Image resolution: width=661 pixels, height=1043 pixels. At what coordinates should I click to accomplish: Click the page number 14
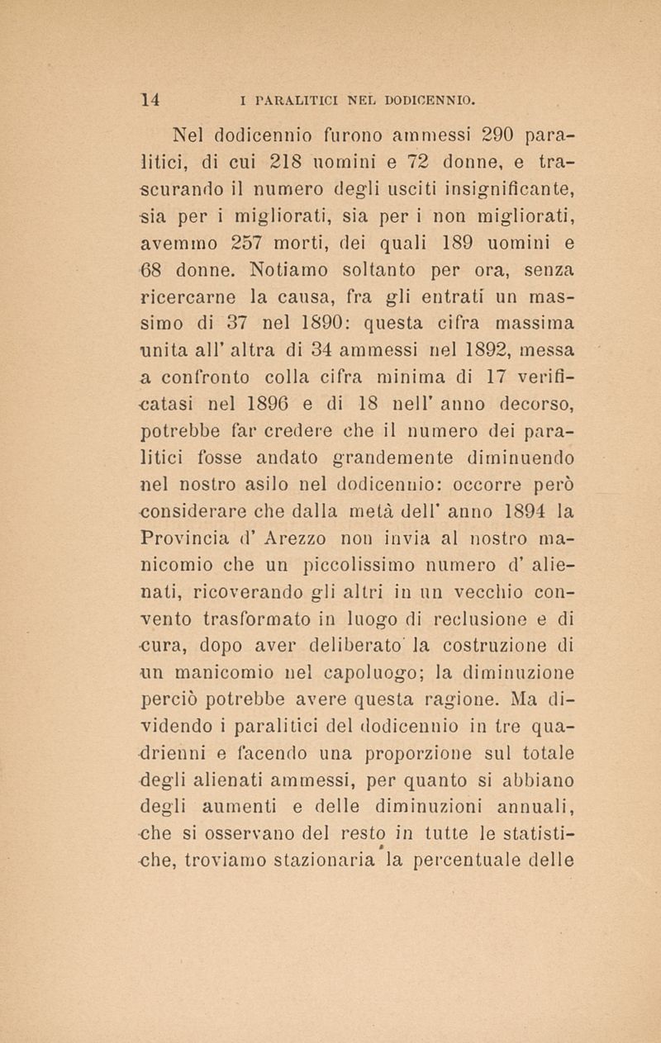pos(150,101)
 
